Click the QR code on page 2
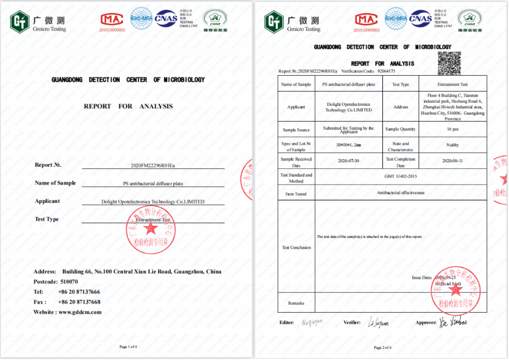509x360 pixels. [450, 63]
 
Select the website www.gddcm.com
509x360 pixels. [80, 312]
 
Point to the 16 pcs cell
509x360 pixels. [453, 129]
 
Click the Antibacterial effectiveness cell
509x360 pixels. [401, 193]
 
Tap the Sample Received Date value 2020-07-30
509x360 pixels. [348, 161]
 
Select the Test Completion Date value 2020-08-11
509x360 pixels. [453, 161]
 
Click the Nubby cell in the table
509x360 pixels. [453, 145]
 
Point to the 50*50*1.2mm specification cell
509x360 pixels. [348, 145]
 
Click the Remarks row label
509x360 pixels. [296, 303]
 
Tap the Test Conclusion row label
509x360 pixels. [296, 248]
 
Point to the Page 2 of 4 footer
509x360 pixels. [382, 347]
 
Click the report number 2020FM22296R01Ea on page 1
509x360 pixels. [153, 166]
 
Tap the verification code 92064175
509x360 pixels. [386, 71]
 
